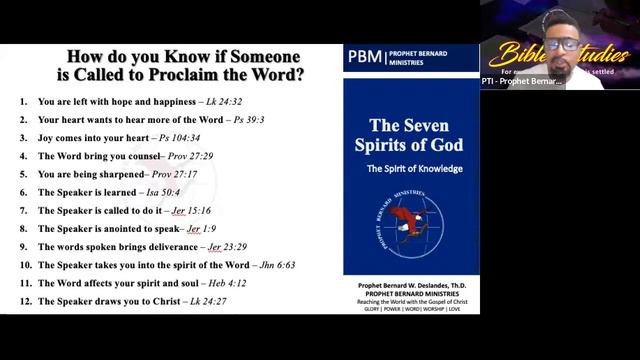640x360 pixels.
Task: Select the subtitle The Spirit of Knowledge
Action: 414,169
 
